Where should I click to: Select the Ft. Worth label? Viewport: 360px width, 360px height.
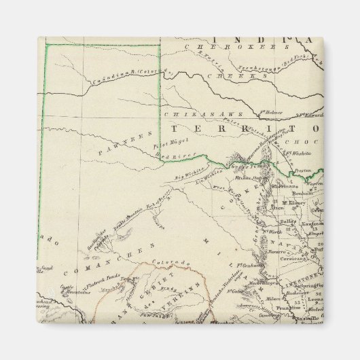pos(270,233)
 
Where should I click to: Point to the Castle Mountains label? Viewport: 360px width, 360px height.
pos(68,291)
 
